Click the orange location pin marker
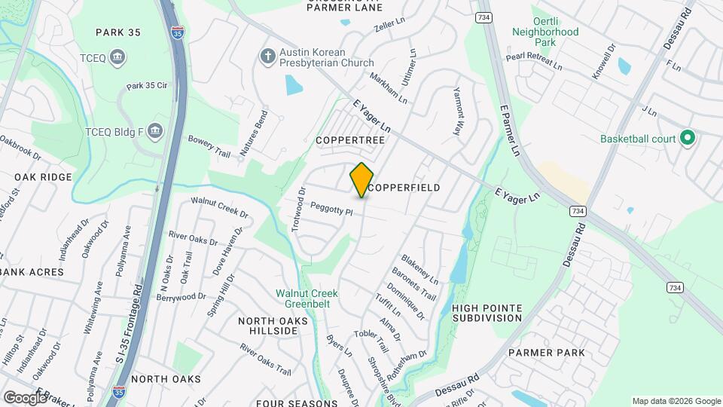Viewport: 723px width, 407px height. pos(361,180)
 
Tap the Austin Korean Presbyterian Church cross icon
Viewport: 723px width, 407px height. pos(267,57)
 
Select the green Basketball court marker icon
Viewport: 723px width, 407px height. pos(686,138)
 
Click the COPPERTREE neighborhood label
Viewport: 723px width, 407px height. pos(350,141)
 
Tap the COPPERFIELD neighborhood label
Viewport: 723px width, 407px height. pos(404,187)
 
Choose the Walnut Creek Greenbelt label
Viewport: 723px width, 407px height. pos(307,298)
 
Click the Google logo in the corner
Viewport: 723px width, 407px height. pos(25,397)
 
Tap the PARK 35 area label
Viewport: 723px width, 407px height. pos(118,32)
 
